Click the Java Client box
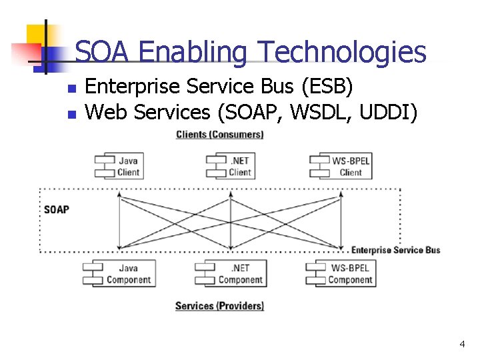[x=119, y=167]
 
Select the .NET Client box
[x=230, y=167]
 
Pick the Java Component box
[x=121, y=274]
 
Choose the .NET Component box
[x=232, y=274]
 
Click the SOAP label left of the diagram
[x=57, y=209]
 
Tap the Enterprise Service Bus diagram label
[x=395, y=250]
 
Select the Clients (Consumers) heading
[x=219, y=135]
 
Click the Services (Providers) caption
[x=219, y=306]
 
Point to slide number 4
[x=462, y=344]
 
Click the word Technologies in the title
[x=342, y=52]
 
